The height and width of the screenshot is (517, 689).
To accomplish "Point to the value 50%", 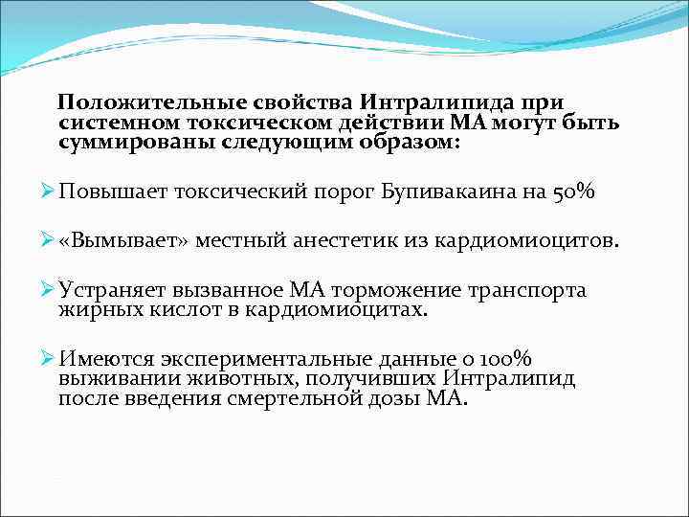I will coord(571,192).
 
